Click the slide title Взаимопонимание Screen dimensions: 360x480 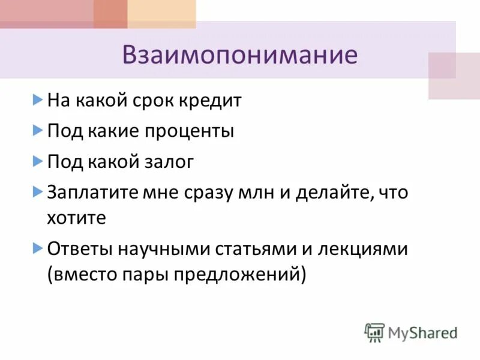point(239,55)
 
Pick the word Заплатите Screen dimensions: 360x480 point(88,193)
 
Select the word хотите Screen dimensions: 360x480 point(76,218)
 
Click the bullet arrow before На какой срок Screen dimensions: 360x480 point(37,99)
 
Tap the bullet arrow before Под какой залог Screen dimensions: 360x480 point(37,161)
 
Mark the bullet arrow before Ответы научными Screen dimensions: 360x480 point(37,247)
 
